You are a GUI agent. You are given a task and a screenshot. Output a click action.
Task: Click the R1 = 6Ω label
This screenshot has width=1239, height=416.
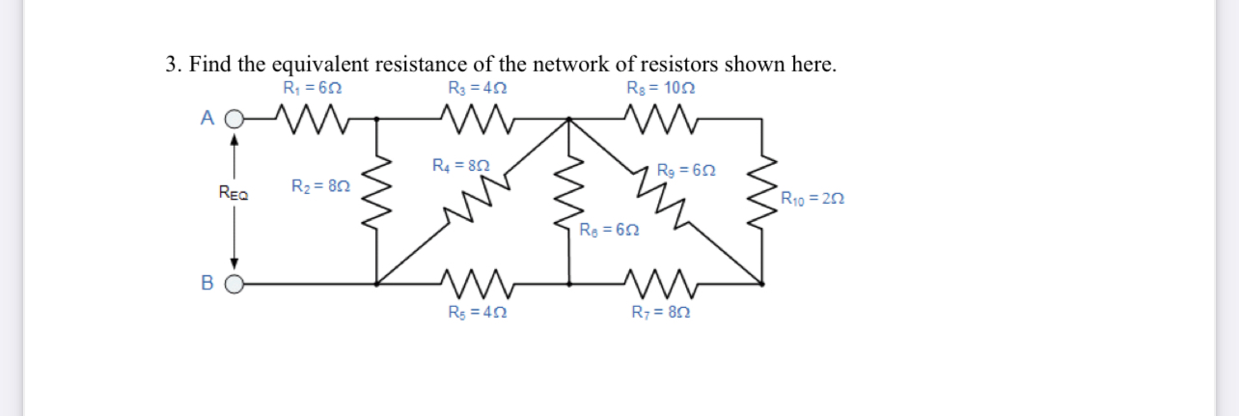click(x=313, y=89)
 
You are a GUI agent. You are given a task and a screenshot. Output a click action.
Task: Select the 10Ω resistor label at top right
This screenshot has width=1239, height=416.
click(x=661, y=89)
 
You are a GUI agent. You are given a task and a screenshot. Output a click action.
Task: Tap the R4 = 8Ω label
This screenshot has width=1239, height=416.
click(x=461, y=165)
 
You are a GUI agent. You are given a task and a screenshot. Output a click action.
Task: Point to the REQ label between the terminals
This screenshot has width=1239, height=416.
click(x=233, y=194)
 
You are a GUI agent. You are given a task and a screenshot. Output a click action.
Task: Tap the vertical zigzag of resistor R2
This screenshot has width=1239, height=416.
click(x=376, y=201)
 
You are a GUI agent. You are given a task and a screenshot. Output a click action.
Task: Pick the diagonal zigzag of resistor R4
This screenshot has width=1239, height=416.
click(x=470, y=205)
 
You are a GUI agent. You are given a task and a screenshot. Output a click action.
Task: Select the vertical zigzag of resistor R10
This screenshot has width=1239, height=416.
click(x=764, y=201)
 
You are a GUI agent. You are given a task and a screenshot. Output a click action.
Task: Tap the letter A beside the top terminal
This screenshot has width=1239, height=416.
click(x=206, y=118)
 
